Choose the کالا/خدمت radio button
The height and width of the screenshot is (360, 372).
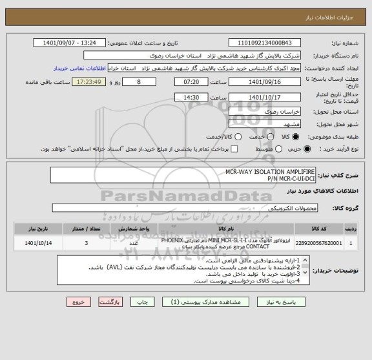click(x=238, y=136)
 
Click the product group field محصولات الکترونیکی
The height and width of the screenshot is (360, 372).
click(x=184, y=208)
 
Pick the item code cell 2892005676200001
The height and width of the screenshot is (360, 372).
click(x=329, y=243)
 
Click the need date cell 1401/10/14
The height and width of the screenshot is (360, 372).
click(x=32, y=243)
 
